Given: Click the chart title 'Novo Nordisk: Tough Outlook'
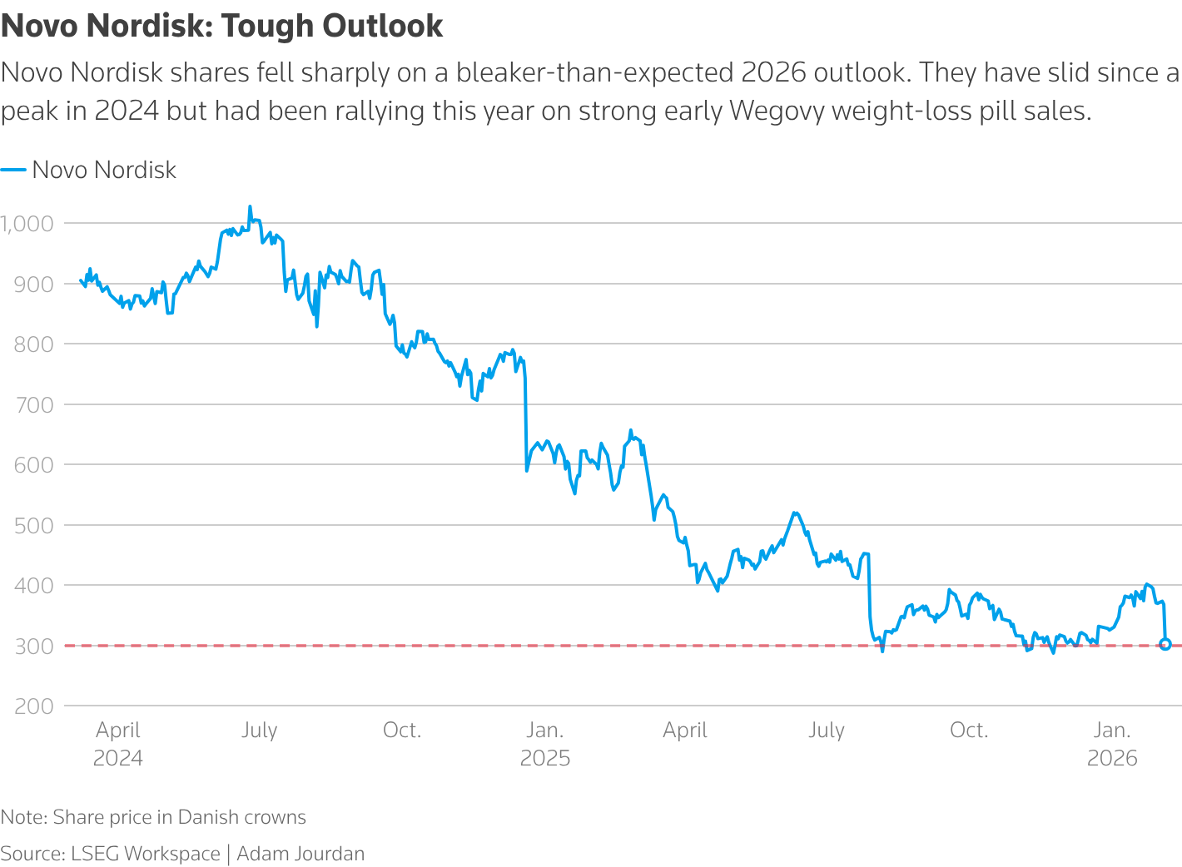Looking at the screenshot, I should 221,26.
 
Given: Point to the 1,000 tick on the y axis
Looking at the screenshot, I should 27,223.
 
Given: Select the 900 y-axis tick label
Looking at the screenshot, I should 34,284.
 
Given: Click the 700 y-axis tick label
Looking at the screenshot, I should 34,404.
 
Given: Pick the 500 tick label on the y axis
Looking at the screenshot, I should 34,525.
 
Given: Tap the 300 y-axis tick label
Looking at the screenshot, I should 34,646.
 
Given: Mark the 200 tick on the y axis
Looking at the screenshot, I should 34,706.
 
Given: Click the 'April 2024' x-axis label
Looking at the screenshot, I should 118,744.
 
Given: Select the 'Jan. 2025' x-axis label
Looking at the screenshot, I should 545,744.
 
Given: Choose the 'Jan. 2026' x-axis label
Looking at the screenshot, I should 1112,744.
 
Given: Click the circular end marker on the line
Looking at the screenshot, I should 1165,644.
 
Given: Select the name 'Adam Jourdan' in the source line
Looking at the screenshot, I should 300,854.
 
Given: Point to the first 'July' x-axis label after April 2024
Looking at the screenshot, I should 259,731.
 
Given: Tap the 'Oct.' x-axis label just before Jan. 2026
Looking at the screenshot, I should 969,731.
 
